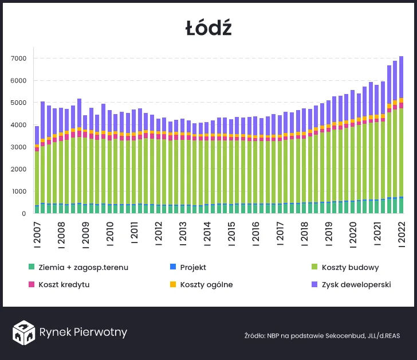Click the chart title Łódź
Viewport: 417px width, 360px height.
point(208,28)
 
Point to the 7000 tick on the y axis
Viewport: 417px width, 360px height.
point(19,58)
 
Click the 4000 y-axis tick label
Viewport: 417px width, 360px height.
point(19,125)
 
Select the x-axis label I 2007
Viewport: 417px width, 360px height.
point(37,232)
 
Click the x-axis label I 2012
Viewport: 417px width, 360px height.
point(159,232)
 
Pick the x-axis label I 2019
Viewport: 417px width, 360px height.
point(329,232)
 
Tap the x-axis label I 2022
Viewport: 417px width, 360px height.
point(402,232)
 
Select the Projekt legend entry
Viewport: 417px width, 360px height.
point(193,268)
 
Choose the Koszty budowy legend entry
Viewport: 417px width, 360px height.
point(350,268)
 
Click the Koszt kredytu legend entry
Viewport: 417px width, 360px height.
point(64,285)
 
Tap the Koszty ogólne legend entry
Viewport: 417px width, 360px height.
point(206,285)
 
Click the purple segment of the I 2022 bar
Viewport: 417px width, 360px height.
point(402,77)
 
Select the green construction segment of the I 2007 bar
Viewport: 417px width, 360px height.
point(37,178)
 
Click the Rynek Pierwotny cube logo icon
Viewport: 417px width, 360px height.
point(24,332)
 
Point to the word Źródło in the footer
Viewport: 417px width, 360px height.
point(255,335)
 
